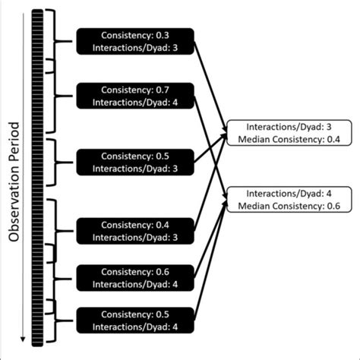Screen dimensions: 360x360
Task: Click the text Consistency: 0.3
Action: (x=134, y=36)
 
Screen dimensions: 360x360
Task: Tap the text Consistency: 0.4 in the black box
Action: (x=134, y=225)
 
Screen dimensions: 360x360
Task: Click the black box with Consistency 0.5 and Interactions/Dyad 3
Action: (x=134, y=162)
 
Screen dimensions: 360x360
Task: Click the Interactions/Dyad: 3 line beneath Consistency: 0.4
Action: (x=134, y=237)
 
